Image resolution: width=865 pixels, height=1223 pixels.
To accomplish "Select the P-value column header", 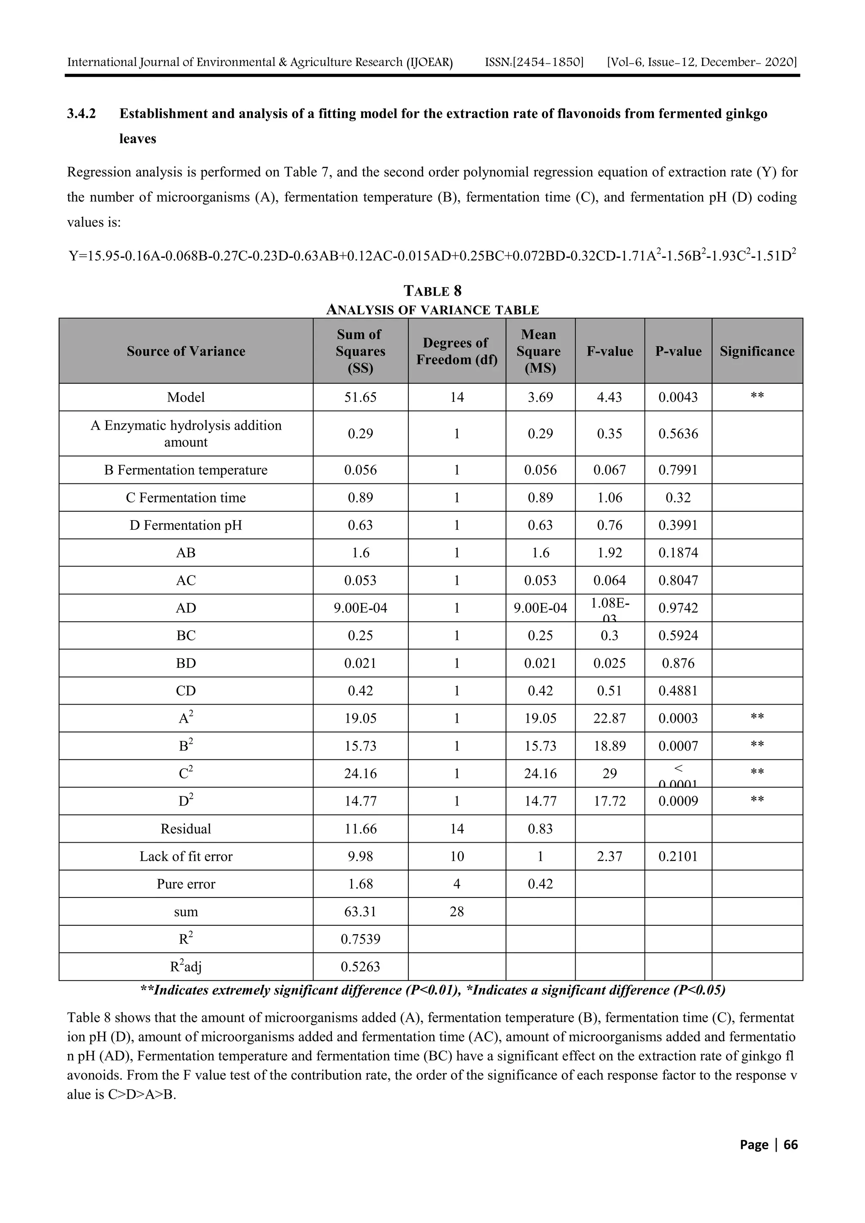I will click(678, 351).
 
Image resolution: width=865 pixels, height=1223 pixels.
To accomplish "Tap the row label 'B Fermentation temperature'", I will click(185, 470).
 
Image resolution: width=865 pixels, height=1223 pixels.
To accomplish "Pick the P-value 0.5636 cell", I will click(678, 434).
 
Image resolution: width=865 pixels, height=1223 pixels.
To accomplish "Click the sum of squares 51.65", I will click(360, 397).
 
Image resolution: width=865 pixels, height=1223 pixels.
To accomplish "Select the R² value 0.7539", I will click(360, 938).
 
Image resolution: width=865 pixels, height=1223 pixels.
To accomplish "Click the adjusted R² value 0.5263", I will click(360, 966).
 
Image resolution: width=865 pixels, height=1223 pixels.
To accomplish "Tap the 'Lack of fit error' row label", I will click(185, 856).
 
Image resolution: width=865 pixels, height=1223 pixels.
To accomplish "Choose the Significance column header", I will click(757, 351).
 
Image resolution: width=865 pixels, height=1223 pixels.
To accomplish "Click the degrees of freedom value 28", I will click(457, 911).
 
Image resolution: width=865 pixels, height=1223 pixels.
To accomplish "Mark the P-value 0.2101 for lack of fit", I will click(678, 856).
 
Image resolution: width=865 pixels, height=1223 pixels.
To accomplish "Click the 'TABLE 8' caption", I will click(432, 291).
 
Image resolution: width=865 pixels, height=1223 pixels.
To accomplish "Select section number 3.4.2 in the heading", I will click(81, 114).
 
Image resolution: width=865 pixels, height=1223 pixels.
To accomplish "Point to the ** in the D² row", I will click(757, 800).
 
